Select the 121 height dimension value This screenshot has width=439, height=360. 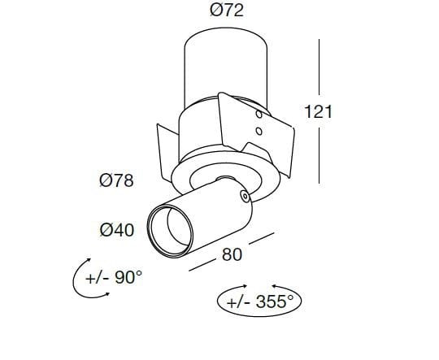point(318,111)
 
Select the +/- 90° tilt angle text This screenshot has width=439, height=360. point(114,278)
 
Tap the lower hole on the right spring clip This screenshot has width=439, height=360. point(258,131)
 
